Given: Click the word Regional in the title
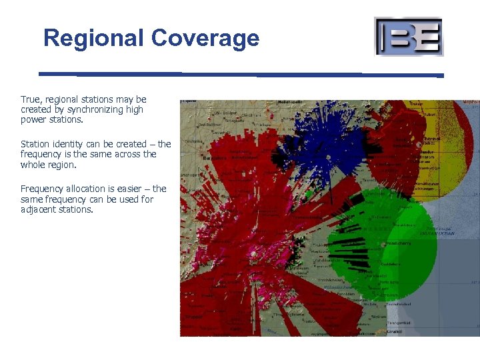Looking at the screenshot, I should point(94,37).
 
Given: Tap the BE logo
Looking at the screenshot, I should point(409,37).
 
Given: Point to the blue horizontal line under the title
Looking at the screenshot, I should point(240,74).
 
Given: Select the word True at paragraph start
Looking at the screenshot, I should point(31,99).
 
